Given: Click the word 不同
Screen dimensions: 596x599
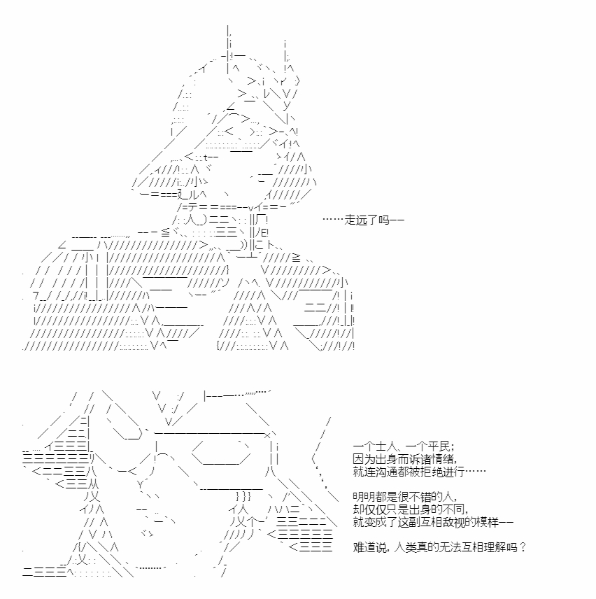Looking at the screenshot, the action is [x=454, y=509].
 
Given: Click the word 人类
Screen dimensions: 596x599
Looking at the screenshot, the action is [x=405, y=547].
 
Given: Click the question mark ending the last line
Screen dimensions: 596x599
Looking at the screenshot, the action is [x=523, y=547].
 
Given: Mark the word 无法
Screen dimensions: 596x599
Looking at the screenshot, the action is [x=450, y=547].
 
